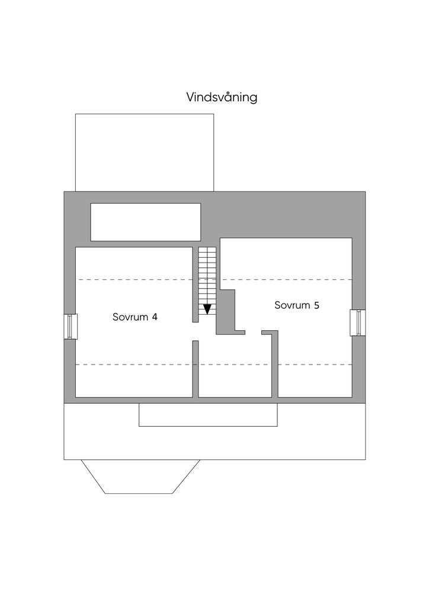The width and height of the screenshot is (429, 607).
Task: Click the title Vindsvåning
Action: click(222, 97)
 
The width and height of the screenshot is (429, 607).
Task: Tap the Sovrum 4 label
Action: click(135, 317)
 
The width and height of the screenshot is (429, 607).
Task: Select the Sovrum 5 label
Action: click(297, 305)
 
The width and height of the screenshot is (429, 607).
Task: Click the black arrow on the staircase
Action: click(207, 308)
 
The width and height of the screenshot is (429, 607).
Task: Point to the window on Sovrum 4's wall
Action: click(71, 326)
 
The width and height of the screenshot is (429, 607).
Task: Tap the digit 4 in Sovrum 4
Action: click(154, 317)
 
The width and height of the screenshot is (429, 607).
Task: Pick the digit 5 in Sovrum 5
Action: click(316, 305)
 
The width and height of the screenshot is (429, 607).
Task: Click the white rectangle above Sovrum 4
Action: click(145, 222)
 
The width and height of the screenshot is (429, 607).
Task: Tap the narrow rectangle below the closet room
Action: click(207, 414)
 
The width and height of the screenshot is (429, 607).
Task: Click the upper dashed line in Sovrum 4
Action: click(135, 279)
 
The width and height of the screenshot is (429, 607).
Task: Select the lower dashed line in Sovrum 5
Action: click(315, 364)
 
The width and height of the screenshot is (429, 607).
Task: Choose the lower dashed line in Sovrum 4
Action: click(135, 364)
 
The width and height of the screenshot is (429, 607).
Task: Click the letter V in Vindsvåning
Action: click(191, 97)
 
